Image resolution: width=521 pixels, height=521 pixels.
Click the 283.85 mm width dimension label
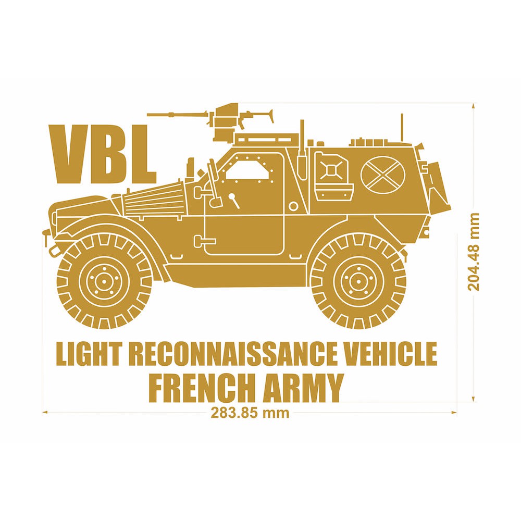(x=250, y=413)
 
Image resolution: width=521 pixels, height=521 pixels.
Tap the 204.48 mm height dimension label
(x=474, y=252)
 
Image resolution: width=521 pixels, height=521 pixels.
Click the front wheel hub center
(x=104, y=281)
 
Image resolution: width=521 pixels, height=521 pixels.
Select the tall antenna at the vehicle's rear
(x=402, y=128)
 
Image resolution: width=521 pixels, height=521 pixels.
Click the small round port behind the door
(x=294, y=206)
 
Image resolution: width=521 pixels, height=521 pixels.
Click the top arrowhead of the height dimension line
(x=473, y=106)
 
